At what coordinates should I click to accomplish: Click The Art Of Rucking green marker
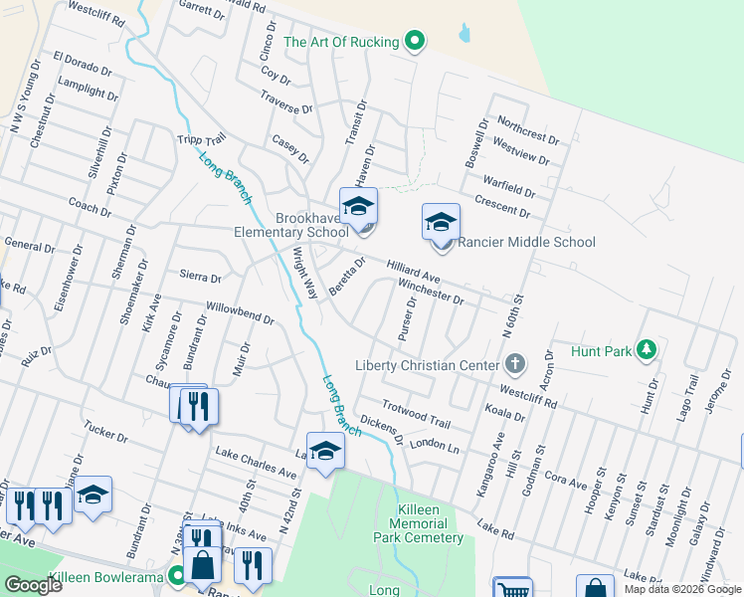click(x=417, y=42)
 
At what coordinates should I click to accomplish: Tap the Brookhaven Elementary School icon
click(x=359, y=208)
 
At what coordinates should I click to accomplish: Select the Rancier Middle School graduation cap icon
click(x=441, y=224)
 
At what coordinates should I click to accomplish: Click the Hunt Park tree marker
click(x=648, y=349)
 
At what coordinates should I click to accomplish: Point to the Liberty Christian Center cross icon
click(x=514, y=364)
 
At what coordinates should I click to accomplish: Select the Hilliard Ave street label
click(x=413, y=272)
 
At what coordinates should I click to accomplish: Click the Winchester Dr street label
click(x=431, y=291)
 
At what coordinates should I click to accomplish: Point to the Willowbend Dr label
click(x=239, y=313)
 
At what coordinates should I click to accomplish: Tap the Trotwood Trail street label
click(x=418, y=415)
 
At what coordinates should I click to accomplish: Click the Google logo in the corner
click(x=33, y=585)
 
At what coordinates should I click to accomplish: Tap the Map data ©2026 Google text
click(x=682, y=589)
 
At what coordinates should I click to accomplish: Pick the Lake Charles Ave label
click(x=256, y=460)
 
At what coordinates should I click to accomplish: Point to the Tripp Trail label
click(x=202, y=142)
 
